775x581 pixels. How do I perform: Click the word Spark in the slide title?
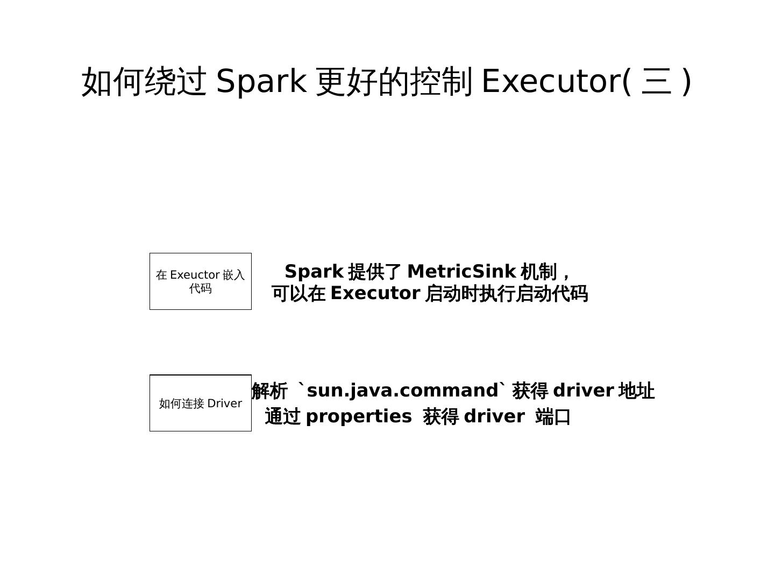click(261, 81)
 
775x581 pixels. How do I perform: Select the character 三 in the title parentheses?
click(657, 82)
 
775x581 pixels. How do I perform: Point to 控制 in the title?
click(441, 82)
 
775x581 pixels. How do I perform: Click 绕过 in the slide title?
click(175, 82)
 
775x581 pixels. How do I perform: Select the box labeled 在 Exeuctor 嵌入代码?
click(200, 281)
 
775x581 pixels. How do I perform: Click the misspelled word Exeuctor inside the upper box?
click(195, 275)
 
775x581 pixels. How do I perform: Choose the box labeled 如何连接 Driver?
click(200, 403)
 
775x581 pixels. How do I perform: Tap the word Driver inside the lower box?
click(224, 403)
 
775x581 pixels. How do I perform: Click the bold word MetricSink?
click(461, 272)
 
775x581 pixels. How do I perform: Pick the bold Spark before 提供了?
click(314, 272)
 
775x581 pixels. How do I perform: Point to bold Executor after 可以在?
click(375, 294)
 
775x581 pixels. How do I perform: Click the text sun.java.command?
click(403, 391)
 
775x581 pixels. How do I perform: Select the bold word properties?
click(358, 417)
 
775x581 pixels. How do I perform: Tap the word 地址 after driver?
click(636, 391)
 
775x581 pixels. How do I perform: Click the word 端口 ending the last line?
click(553, 417)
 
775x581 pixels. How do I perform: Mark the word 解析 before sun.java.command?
click(269, 391)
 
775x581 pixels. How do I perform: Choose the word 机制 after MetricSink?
click(538, 272)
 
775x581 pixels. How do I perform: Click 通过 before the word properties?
click(283, 417)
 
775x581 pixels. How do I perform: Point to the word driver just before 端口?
click(494, 417)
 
